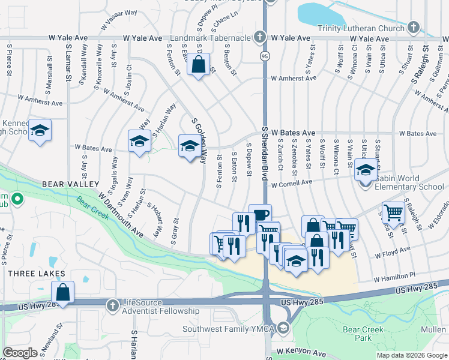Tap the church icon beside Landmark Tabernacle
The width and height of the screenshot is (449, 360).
point(259,37)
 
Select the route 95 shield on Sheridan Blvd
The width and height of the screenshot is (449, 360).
point(264,56)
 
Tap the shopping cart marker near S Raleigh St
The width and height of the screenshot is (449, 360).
point(393,211)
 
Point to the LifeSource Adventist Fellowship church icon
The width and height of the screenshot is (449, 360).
point(112,306)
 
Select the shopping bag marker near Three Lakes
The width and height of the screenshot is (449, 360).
point(62,292)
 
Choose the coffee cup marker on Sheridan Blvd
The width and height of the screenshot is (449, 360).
point(260,215)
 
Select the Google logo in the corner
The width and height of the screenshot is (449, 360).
point(20,353)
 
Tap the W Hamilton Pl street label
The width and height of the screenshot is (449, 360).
point(394,278)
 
